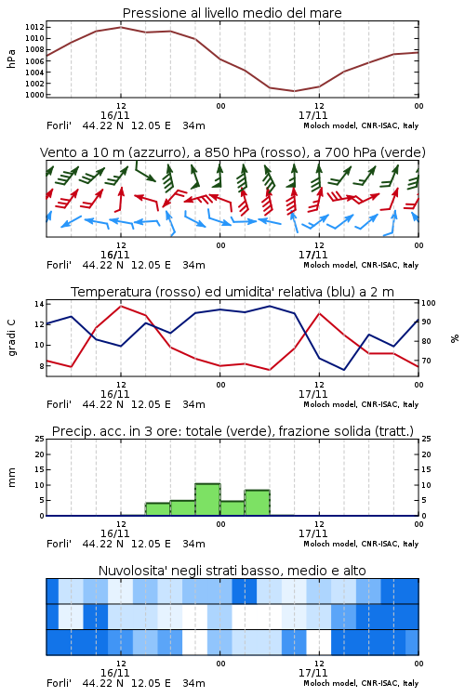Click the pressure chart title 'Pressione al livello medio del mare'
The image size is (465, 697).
pos(232,13)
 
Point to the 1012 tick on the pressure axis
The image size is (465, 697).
pos(34,27)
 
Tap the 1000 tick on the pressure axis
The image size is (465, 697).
pos(34,95)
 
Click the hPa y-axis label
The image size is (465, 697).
pos(11,59)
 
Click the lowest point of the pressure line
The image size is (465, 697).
pos(294,91)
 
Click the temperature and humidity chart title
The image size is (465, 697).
pos(232,292)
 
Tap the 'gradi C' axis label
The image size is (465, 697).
pos(11,338)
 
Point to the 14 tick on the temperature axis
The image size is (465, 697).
pos(39,304)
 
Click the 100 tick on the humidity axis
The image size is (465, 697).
pos(429,303)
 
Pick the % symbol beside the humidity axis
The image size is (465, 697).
pos(455,338)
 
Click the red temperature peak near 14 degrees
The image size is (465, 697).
pos(121,306)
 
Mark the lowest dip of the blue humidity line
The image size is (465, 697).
pos(344,370)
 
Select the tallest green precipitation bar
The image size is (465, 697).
pos(207,500)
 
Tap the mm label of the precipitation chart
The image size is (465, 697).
pos(11,478)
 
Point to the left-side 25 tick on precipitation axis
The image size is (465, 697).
pos(39,439)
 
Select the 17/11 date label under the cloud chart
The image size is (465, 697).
pos(312,673)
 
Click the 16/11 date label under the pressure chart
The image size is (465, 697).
pos(114,115)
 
